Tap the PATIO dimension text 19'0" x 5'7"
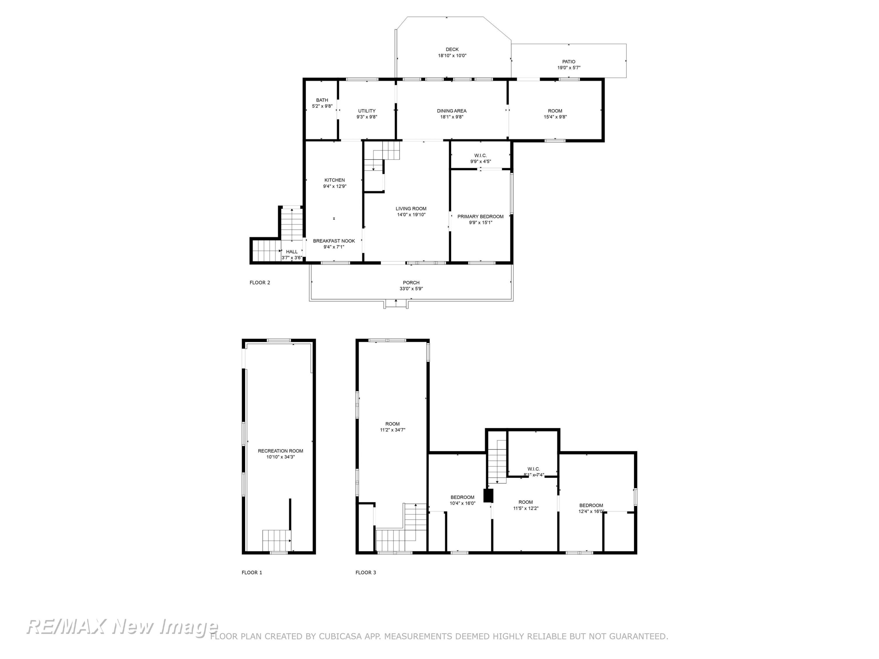point(569,68)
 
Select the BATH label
point(322,100)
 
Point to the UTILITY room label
point(367,111)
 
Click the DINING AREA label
point(452,111)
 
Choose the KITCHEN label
point(335,180)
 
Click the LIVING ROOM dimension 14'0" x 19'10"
point(411,214)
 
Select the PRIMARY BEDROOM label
point(481,216)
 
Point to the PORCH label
point(411,282)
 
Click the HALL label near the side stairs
point(292,251)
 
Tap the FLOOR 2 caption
point(260,282)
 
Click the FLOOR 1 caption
point(252,572)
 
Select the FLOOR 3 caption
point(366,572)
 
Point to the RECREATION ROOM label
point(281,451)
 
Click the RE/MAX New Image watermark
point(122,627)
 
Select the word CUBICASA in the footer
point(340,636)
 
